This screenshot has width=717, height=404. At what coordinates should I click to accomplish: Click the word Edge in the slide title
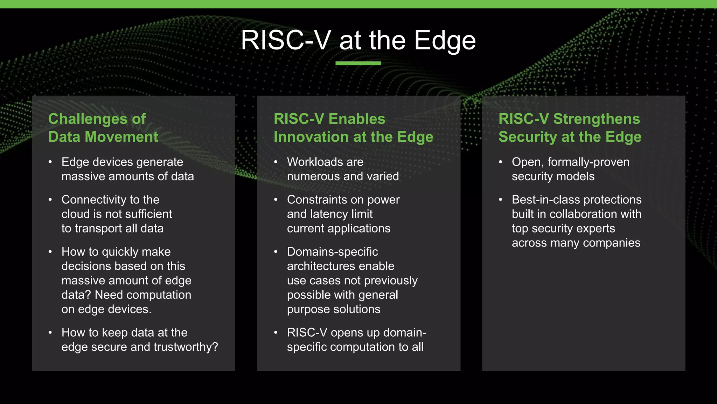click(445, 41)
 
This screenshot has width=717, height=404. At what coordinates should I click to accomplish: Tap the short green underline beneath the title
click(358, 63)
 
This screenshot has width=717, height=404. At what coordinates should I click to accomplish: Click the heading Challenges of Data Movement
click(103, 128)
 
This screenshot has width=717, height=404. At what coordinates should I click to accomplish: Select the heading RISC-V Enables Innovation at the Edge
click(353, 128)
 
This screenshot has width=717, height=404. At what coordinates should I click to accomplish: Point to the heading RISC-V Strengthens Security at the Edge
click(570, 128)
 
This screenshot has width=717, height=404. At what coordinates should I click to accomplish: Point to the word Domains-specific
click(332, 252)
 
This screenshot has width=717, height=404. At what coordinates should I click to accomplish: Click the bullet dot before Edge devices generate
click(50, 162)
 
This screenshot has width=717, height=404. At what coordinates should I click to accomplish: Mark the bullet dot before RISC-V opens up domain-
click(276, 332)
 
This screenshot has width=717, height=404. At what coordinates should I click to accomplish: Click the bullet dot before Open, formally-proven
click(501, 162)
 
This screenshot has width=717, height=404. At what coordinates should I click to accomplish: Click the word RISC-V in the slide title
click(285, 41)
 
